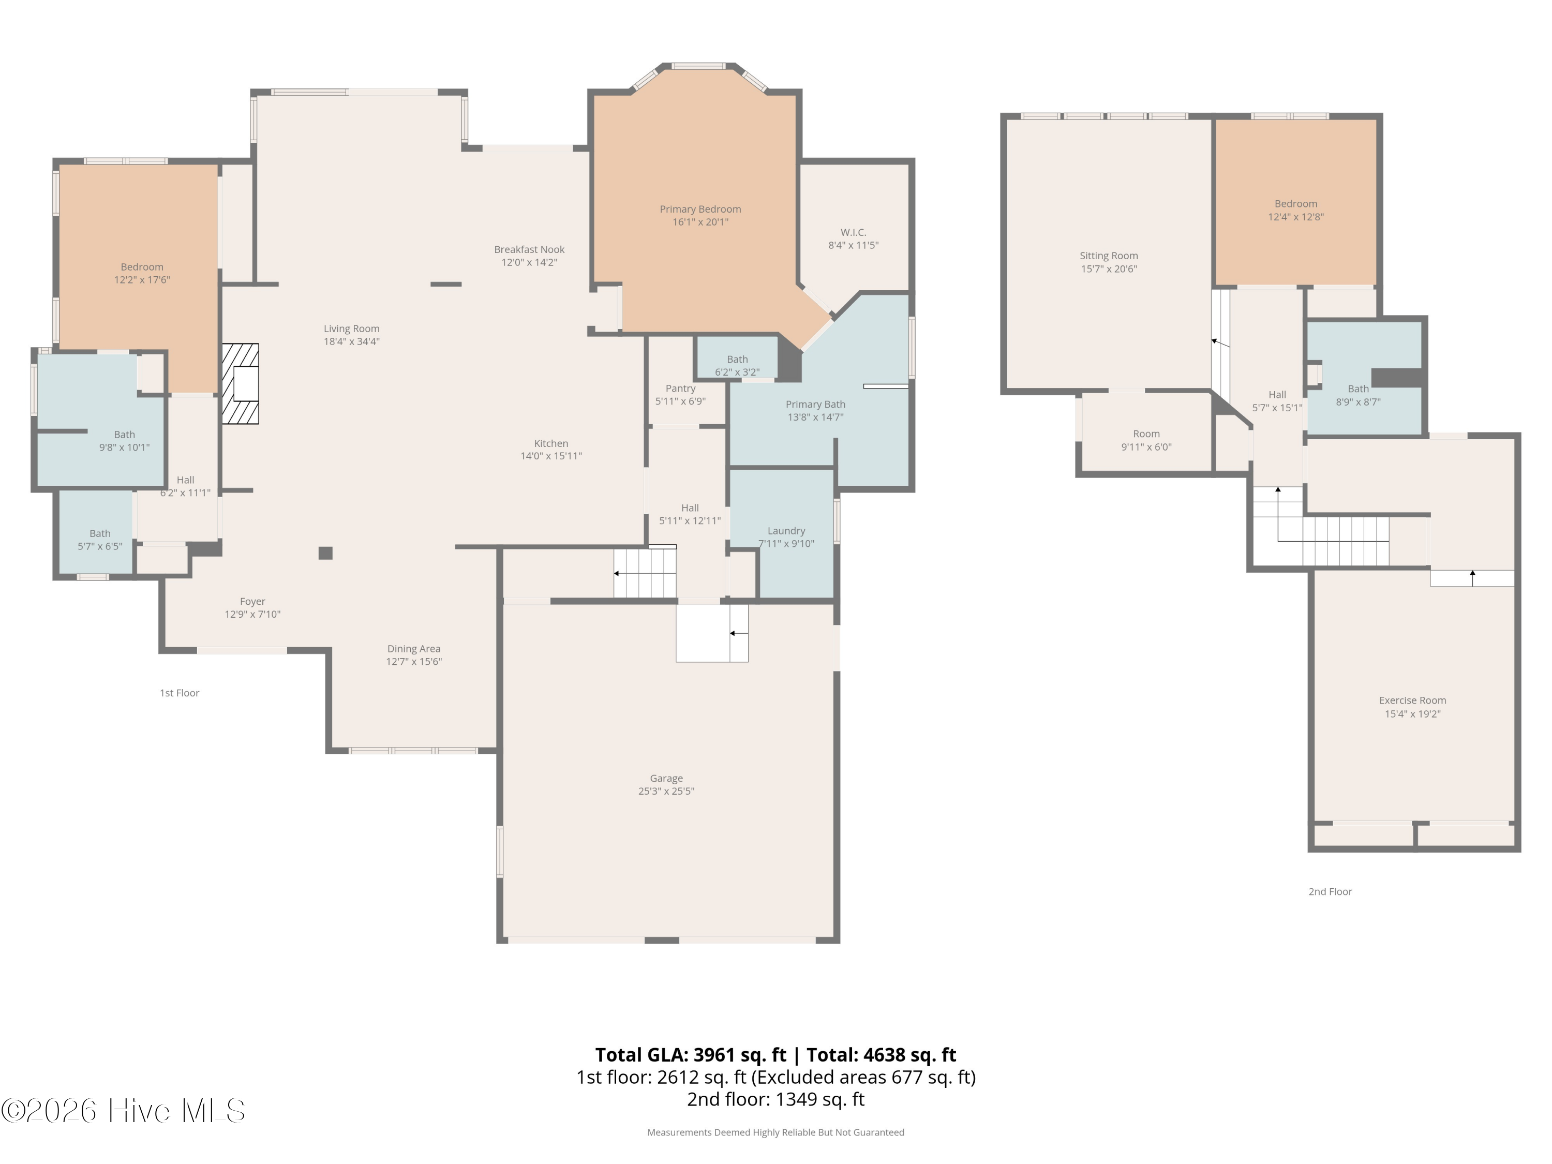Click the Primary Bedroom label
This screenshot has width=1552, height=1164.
click(x=700, y=209)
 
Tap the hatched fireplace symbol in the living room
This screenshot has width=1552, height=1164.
click(x=241, y=384)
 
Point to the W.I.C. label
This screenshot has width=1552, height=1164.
click(x=853, y=232)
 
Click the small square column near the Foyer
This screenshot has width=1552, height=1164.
click(x=325, y=553)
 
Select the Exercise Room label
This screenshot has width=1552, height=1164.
click(x=1412, y=700)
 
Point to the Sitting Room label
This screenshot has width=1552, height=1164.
click(x=1109, y=256)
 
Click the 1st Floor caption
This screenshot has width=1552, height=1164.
click(x=180, y=693)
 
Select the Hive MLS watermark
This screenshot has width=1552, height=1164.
click(x=124, y=1111)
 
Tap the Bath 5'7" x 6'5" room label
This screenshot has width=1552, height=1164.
click(x=100, y=540)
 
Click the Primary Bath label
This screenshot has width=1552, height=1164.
click(x=815, y=404)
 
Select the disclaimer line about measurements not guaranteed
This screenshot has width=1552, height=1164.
click(x=775, y=1132)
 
